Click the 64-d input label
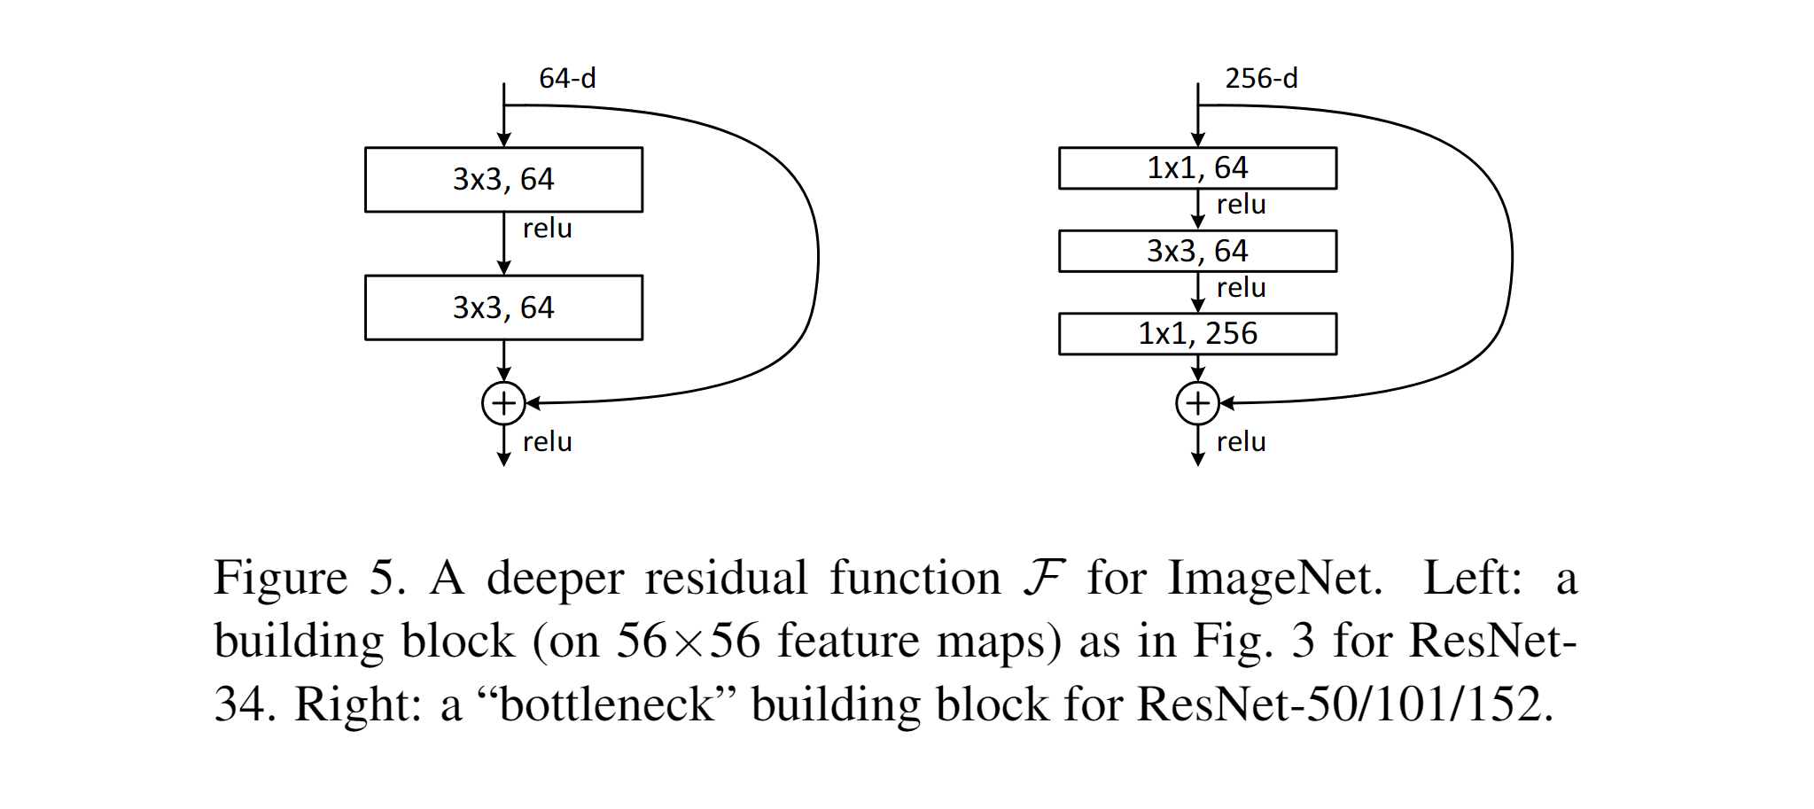click(567, 79)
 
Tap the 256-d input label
click(1261, 79)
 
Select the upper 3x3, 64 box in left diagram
click(503, 180)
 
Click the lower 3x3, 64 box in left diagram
click(503, 307)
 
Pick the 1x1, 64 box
click(1197, 168)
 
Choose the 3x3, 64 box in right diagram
click(1197, 251)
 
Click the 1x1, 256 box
click(1197, 334)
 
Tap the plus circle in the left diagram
click(503, 403)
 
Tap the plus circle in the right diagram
click(1197, 403)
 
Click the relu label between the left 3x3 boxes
click(547, 229)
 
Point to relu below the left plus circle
click(547, 441)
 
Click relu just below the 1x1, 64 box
click(1241, 205)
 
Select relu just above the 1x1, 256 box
click(1241, 288)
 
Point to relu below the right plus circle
click(1241, 441)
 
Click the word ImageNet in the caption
click(1274, 579)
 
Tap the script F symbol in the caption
click(1044, 577)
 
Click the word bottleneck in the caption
click(607, 705)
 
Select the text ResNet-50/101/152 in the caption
click(1343, 705)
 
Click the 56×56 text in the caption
click(688, 642)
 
